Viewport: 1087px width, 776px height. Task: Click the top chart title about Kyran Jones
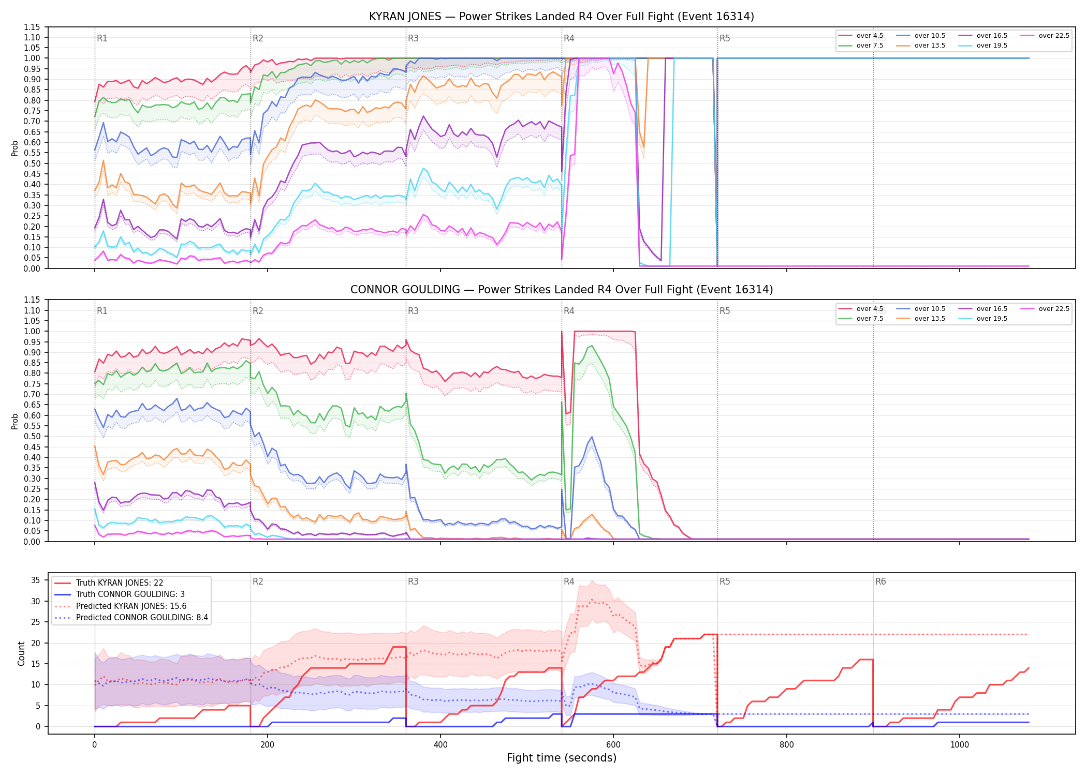click(x=562, y=17)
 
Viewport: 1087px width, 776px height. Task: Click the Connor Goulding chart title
click(x=562, y=290)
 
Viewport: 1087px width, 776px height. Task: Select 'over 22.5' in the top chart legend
click(x=1054, y=36)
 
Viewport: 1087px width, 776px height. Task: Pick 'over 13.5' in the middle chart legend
click(x=930, y=319)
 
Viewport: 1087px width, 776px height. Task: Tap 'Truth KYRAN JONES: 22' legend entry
click(x=120, y=583)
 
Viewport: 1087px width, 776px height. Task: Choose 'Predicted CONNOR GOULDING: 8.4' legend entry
click(x=142, y=618)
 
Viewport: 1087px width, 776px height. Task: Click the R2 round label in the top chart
click(x=258, y=38)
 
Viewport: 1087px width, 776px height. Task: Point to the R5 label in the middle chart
click(x=725, y=311)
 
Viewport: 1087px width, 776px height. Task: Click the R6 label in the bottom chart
click(x=880, y=581)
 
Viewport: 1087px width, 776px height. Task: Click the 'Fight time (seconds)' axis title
click(x=562, y=758)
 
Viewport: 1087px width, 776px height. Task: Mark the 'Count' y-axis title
click(x=21, y=654)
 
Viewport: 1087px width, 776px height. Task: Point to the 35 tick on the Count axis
click(x=35, y=580)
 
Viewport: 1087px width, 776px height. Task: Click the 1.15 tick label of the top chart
click(x=32, y=27)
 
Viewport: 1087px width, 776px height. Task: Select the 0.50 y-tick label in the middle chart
click(x=32, y=436)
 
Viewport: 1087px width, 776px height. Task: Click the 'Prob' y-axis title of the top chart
click(x=15, y=148)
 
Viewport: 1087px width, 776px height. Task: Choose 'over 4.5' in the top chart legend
click(x=870, y=36)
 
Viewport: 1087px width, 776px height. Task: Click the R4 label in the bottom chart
click(x=569, y=581)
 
